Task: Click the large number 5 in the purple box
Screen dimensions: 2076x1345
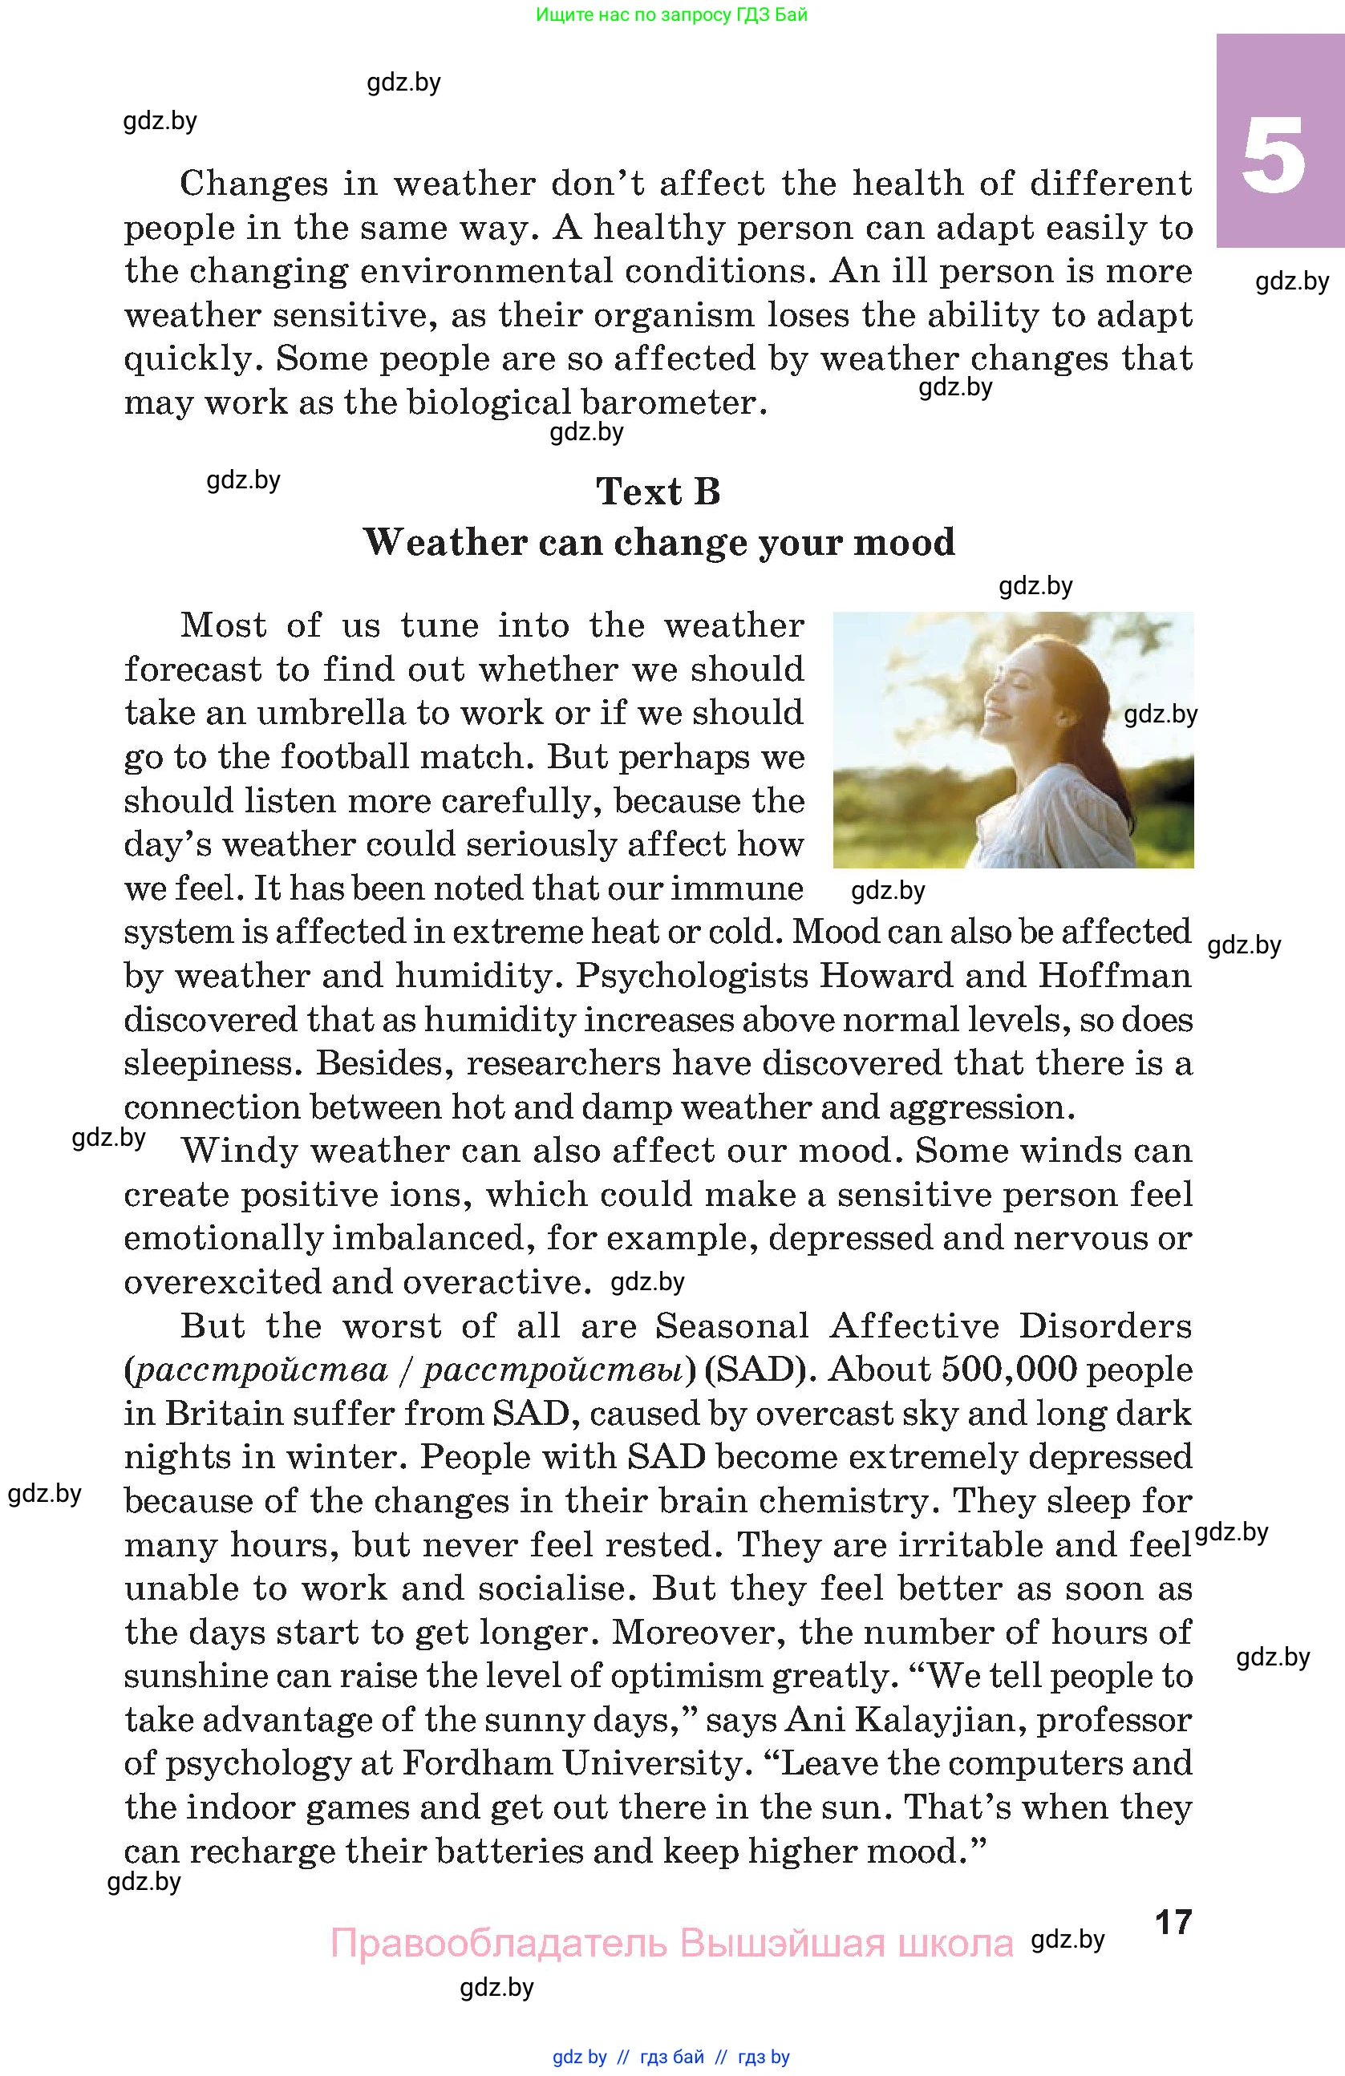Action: tap(1274, 157)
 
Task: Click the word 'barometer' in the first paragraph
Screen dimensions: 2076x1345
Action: tap(669, 403)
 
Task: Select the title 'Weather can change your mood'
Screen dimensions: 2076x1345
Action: tap(658, 543)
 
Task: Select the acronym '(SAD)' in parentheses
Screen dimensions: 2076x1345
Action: tap(759, 1370)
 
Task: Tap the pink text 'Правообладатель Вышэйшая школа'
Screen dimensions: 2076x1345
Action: tap(671, 1944)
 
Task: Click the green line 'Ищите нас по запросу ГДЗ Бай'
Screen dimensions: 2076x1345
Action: tap(671, 14)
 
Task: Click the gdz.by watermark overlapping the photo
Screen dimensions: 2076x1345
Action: tap(1160, 714)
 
